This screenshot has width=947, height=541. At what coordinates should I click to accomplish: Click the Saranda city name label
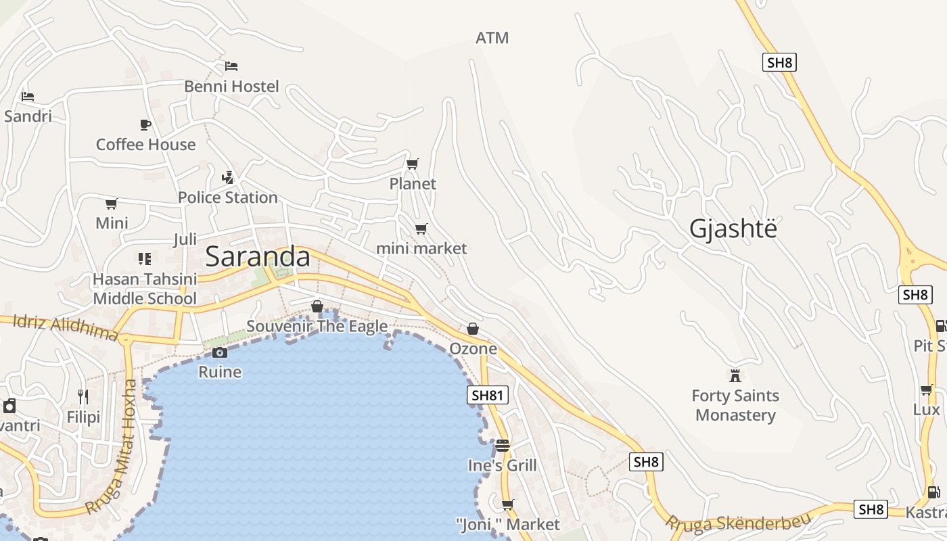tap(258, 257)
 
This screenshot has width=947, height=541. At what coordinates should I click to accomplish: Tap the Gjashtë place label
tap(733, 229)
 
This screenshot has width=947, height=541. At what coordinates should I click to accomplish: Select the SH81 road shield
tap(487, 395)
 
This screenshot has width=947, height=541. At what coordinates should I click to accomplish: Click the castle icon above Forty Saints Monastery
tap(735, 375)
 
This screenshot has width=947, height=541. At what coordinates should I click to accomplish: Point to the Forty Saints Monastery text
tap(735, 405)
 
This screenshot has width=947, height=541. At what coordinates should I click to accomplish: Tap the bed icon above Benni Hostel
tap(231, 66)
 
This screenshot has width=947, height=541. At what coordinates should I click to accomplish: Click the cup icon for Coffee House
tap(145, 124)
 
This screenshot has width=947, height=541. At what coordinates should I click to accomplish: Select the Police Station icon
tap(228, 178)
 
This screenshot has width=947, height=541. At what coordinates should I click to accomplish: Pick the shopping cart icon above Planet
tap(413, 164)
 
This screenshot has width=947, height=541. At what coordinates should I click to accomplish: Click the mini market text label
tap(421, 248)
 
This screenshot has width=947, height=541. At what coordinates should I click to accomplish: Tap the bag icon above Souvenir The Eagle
tap(317, 307)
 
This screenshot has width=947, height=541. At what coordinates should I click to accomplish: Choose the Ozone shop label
tap(473, 349)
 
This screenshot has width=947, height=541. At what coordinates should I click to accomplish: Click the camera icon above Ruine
tap(220, 352)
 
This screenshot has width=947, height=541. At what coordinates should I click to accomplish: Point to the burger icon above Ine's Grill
tap(502, 446)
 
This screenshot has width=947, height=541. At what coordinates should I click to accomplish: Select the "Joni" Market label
tap(508, 524)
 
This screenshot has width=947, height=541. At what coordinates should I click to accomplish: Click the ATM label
tap(492, 38)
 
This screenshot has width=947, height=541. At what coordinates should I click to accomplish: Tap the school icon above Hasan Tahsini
tap(145, 259)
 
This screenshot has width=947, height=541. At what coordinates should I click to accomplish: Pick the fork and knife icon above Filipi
tap(83, 397)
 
